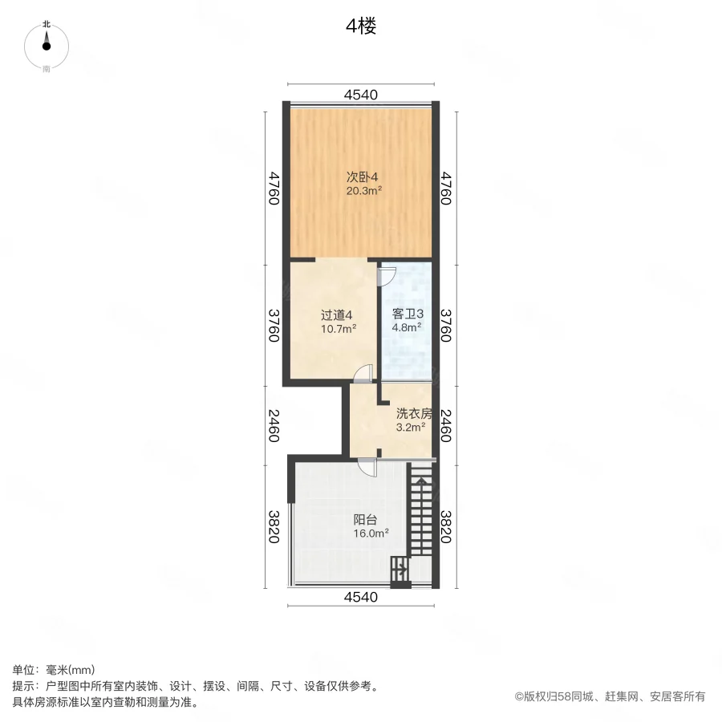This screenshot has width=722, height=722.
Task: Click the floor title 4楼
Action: (x=361, y=26)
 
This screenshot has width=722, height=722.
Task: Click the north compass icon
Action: (x=47, y=47)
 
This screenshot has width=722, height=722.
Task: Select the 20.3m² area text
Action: (x=363, y=191)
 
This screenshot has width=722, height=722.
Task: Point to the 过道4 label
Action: (x=335, y=314)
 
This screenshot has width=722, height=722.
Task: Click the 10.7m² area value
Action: (x=339, y=328)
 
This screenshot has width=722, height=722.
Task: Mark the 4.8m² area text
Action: (x=406, y=327)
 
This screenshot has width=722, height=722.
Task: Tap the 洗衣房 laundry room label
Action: (x=414, y=414)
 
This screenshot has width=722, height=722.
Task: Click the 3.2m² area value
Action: (x=410, y=428)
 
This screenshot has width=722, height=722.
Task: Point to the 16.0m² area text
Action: (x=371, y=533)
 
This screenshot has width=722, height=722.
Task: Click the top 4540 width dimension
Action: (x=360, y=94)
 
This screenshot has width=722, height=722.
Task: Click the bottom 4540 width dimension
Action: (x=360, y=597)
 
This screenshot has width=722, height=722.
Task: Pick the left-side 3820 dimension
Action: (x=274, y=526)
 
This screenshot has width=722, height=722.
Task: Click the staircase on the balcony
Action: (x=420, y=513)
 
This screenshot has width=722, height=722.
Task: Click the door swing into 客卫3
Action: (x=386, y=275)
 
